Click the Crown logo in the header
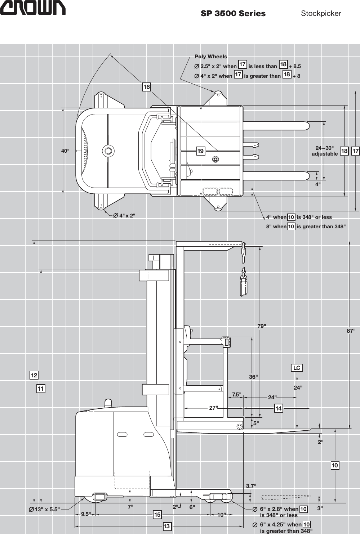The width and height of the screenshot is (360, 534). [32, 8]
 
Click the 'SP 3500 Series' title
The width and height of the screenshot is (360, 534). [233, 14]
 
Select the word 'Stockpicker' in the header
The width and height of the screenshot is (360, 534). [321, 14]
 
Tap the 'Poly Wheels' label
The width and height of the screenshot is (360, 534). [211, 57]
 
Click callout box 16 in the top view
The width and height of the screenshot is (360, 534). [146, 87]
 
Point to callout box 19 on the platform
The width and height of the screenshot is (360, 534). [200, 151]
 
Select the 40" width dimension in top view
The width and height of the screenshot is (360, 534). [65, 151]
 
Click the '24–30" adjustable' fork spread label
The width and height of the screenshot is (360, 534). [325, 151]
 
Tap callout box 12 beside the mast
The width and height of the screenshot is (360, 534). [34, 376]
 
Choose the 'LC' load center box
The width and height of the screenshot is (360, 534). [297, 368]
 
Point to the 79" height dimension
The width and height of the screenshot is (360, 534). [262, 326]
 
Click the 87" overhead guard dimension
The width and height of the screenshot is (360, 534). [351, 330]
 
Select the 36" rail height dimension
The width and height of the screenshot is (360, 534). [253, 377]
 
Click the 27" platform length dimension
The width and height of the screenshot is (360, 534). [214, 408]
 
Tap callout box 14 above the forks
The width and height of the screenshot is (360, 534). [279, 408]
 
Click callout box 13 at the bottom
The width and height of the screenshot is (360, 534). [166, 526]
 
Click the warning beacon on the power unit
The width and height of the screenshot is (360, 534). [108, 403]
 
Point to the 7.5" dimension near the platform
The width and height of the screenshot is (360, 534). [236, 395]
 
